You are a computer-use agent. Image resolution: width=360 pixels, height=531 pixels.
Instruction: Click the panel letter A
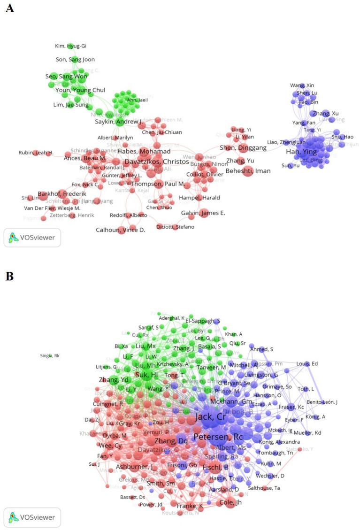tap(9, 8)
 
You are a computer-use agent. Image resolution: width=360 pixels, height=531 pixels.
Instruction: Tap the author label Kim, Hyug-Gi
tap(71, 46)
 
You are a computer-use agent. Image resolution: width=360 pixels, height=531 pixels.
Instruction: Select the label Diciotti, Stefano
tap(179, 227)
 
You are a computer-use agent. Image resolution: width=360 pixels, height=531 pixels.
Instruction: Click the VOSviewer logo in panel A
tap(32, 238)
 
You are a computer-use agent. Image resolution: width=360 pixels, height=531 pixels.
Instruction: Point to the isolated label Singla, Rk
tap(50, 356)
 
